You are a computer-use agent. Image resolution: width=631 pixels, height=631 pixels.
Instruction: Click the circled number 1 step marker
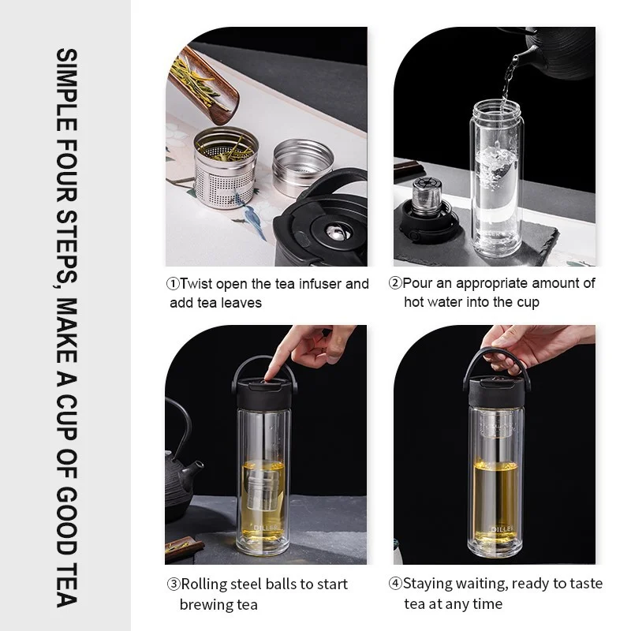[173, 284]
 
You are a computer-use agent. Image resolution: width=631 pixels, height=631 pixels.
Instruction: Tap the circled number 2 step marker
[395, 283]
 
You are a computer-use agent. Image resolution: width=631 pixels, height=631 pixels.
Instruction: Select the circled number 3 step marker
[174, 584]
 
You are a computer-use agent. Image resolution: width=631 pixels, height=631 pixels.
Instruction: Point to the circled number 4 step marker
[395, 583]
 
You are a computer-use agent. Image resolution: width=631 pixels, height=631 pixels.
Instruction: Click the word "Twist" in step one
[196, 284]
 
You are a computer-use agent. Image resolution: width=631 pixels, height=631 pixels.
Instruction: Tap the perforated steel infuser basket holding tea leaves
[226, 168]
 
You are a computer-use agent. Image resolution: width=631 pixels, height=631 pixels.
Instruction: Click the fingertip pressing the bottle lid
[269, 373]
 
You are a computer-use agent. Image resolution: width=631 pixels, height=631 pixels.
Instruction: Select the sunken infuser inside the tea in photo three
[263, 490]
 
